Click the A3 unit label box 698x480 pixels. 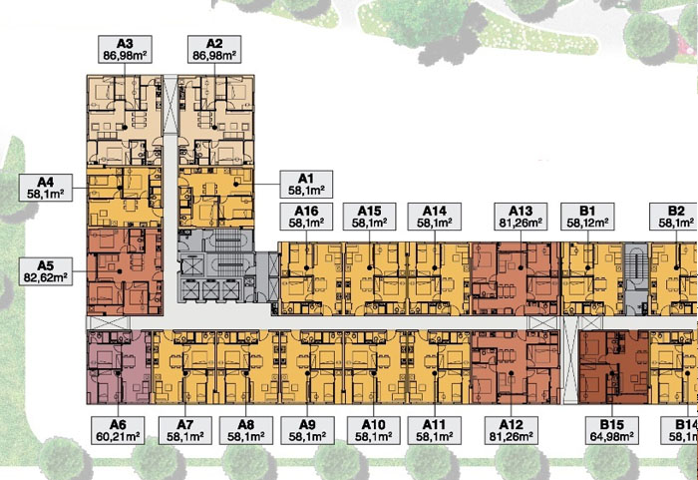click(125, 49)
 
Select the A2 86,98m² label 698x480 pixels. click(214, 49)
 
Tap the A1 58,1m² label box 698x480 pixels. click(306, 184)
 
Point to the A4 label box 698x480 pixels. click(46, 188)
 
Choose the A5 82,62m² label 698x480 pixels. click(46, 271)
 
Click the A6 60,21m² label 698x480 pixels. click(118, 430)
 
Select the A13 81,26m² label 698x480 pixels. click(521, 217)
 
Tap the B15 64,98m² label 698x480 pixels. click(612, 430)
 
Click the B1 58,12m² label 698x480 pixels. click(587, 217)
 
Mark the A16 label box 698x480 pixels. click(306, 217)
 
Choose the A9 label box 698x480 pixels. click(307, 430)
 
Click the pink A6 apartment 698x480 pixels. click(120, 367)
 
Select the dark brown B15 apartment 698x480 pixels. click(614, 367)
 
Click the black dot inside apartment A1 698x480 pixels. click(236, 184)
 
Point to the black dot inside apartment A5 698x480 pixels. click(120, 271)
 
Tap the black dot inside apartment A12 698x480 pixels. click(512, 373)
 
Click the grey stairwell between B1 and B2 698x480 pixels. click(636, 279)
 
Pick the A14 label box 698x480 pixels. click(435, 217)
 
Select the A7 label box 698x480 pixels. click(185, 430)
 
